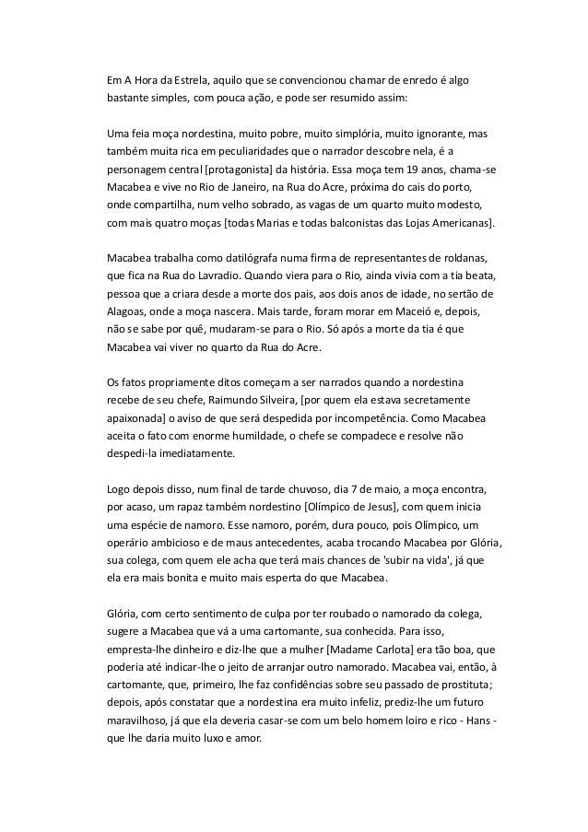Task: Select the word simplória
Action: [x=347, y=134]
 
